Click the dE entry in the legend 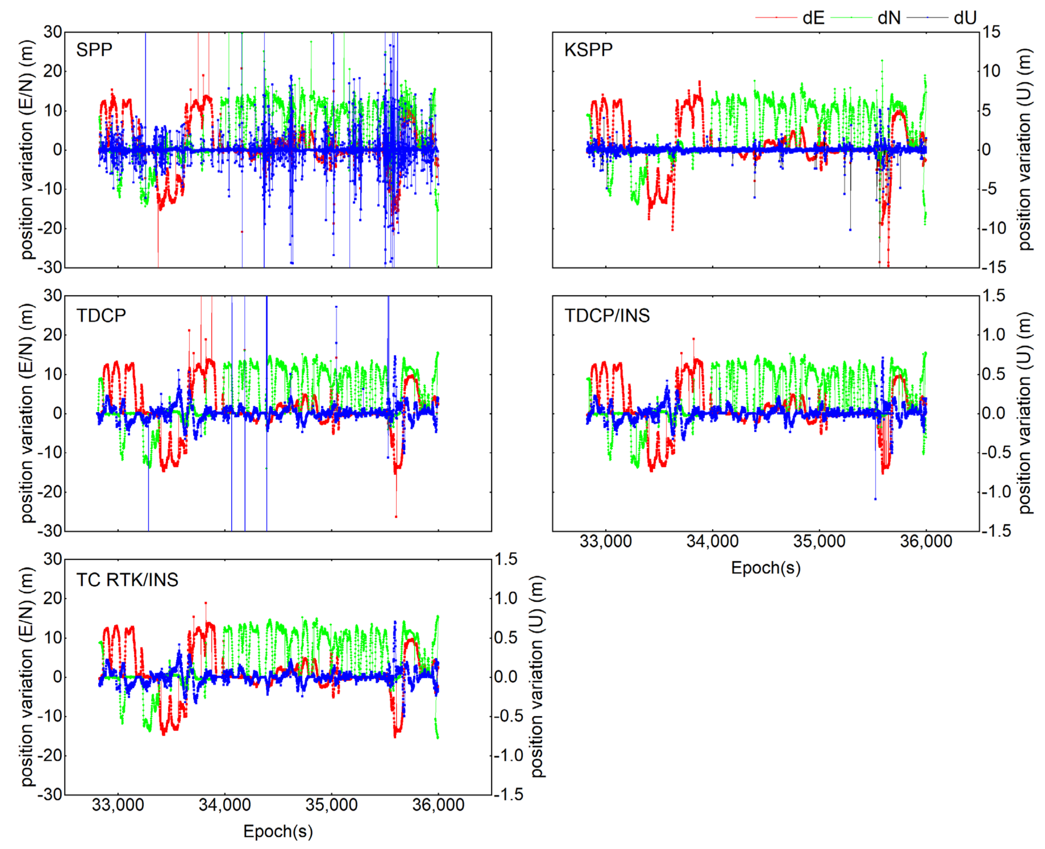click(813, 18)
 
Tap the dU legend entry click(965, 18)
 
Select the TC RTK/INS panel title click(127, 580)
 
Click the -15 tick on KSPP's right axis click(993, 267)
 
